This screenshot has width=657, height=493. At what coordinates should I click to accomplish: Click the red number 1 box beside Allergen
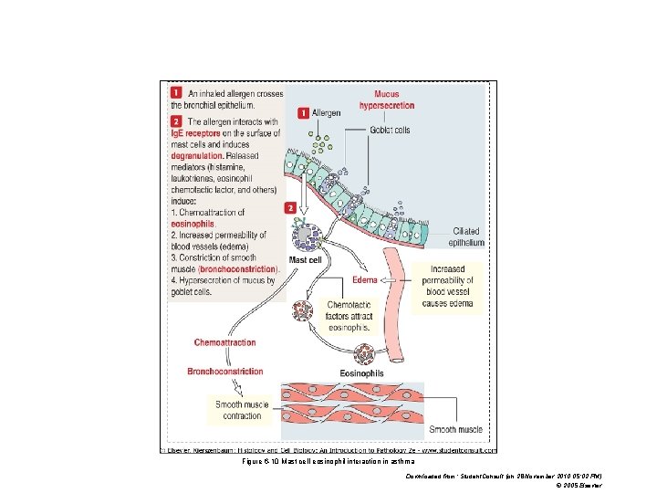[304, 113]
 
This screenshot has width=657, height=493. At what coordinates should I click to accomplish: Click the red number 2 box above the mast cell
[290, 208]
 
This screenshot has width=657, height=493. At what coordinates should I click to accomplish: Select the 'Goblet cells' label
[390, 130]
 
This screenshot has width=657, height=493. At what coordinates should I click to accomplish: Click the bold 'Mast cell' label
[304, 260]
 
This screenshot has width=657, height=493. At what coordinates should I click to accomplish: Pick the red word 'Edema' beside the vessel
[365, 280]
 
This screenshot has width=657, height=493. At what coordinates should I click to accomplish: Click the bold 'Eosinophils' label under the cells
[361, 373]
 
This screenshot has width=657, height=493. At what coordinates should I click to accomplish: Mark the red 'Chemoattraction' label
[224, 342]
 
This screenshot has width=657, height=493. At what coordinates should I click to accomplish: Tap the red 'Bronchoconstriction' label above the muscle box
[224, 372]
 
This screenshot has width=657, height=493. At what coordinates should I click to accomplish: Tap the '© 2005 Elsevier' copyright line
[579, 485]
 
